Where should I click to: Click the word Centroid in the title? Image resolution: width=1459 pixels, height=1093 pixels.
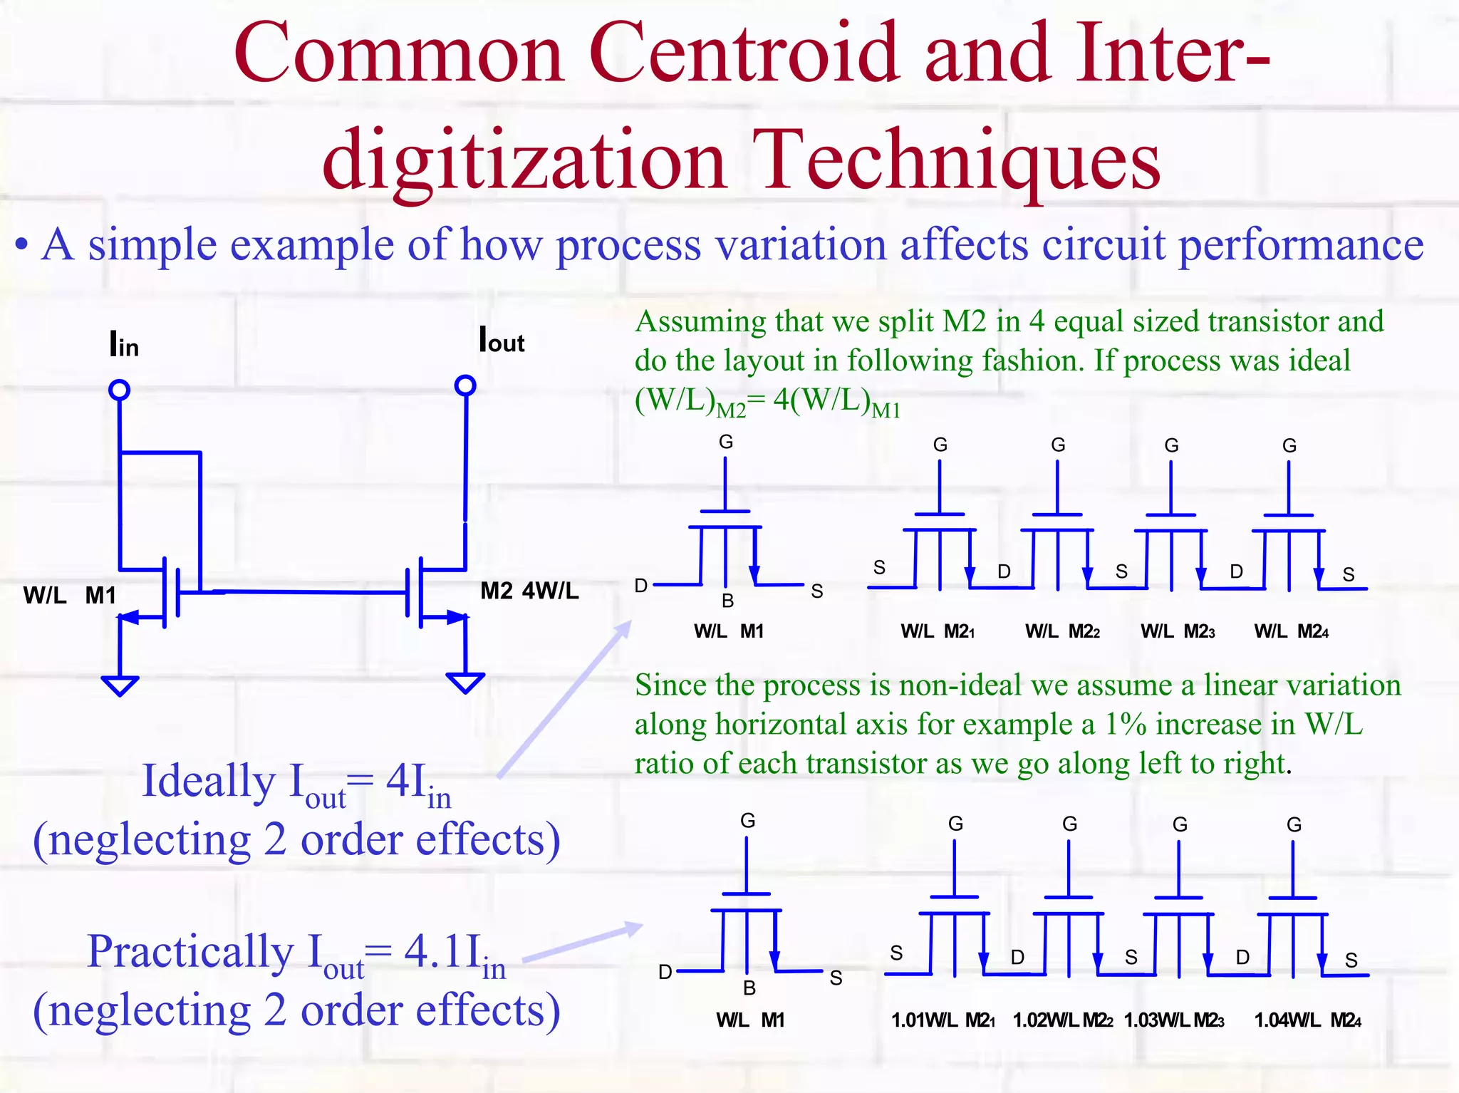tap(744, 53)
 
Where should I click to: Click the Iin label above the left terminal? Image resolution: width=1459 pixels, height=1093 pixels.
tap(124, 344)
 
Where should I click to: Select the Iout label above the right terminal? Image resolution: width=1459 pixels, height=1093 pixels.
tap(502, 341)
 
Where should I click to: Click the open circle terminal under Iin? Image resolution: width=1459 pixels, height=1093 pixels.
tap(119, 390)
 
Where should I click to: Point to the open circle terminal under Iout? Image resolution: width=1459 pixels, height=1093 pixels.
tap(465, 385)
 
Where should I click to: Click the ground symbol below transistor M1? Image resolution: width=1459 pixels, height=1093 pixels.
tap(120, 685)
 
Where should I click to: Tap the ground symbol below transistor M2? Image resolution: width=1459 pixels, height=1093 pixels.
tap(465, 682)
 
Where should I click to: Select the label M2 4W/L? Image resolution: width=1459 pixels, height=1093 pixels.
tap(529, 591)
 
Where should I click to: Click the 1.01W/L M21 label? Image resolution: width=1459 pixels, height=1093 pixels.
tap(943, 1020)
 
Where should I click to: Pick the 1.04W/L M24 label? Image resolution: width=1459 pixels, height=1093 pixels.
tap(1307, 1020)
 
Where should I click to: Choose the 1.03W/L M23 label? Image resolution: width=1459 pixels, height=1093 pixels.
tap(1173, 1020)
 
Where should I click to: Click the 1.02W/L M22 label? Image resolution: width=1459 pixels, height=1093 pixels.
tap(1062, 1020)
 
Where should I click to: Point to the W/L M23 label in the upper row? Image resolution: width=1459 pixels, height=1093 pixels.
tap(1178, 631)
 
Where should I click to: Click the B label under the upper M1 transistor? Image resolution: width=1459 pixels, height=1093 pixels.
tap(727, 601)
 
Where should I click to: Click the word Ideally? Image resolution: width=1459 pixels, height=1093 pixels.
tap(209, 781)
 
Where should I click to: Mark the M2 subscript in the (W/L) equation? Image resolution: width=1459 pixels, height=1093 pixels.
tap(730, 410)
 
